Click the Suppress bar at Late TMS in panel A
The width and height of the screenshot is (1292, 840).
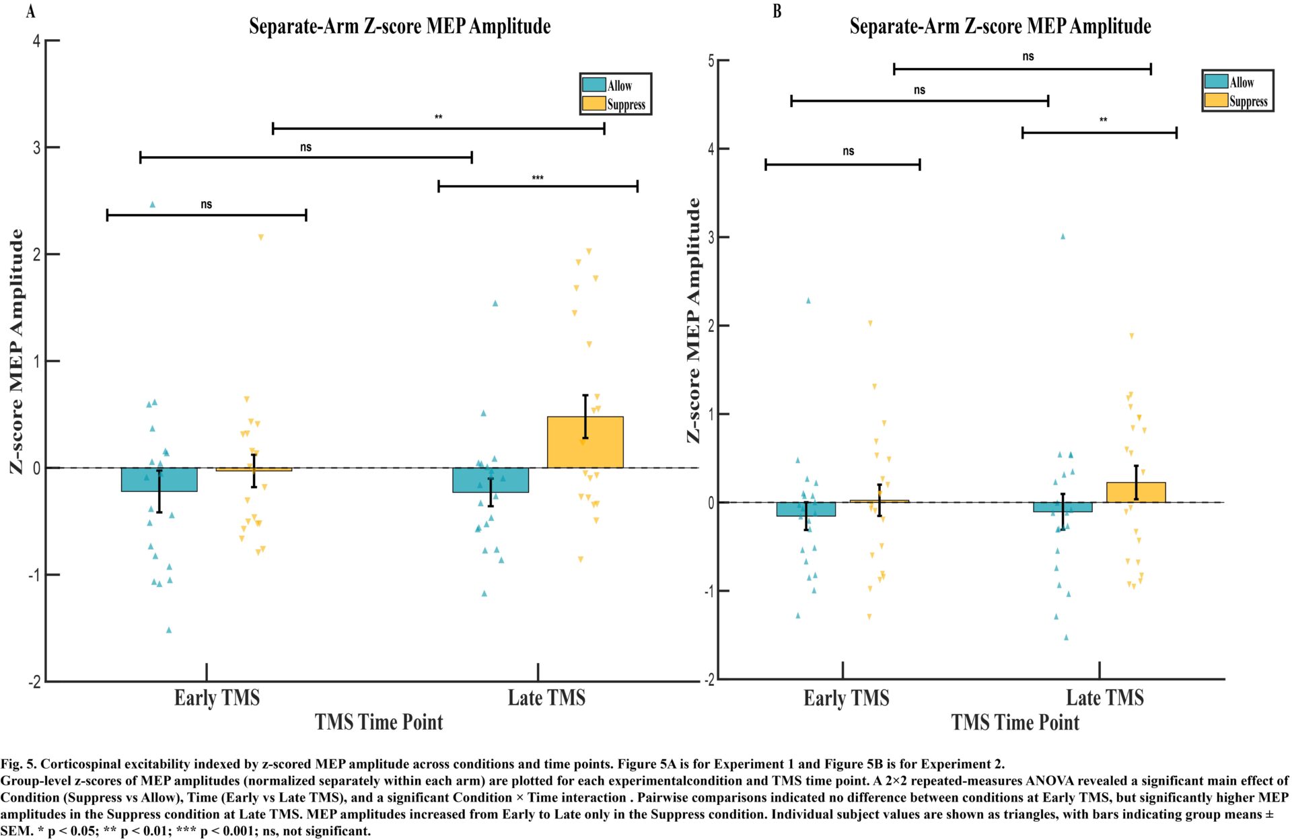tap(585, 442)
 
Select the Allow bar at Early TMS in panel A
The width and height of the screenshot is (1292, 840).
tap(159, 480)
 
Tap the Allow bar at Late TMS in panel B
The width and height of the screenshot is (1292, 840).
tap(1063, 507)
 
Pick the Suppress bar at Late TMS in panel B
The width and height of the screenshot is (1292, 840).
tap(1136, 493)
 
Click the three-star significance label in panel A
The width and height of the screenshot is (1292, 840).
tap(538, 178)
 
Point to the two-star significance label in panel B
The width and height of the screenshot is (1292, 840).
tap(1104, 120)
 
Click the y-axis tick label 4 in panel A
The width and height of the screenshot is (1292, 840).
tap(36, 41)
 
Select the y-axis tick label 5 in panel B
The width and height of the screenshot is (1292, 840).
tap(711, 61)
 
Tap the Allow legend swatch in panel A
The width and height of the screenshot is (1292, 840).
tap(594, 85)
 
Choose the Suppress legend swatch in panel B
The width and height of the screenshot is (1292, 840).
tap(1216, 100)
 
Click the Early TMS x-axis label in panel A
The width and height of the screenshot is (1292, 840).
tap(217, 698)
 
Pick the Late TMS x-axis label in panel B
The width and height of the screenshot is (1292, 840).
tap(1105, 698)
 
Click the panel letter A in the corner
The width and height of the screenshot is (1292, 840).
tap(30, 11)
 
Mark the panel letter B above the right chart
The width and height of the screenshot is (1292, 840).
tap(777, 11)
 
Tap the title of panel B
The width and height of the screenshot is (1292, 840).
tap(1000, 26)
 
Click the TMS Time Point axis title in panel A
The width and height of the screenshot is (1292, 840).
tap(379, 722)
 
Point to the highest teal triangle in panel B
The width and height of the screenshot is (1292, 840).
tap(1063, 236)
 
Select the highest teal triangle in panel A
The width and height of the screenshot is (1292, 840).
tap(152, 205)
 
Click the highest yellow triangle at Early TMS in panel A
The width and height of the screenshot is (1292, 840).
tap(261, 237)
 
